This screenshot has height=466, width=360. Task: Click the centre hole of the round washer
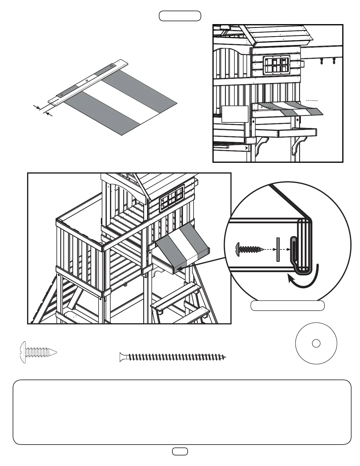click(316, 343)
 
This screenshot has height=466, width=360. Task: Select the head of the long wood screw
click(123, 357)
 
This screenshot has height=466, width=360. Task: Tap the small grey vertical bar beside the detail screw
click(277, 249)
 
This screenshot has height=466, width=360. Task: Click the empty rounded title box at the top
click(180, 16)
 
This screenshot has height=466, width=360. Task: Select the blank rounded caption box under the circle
click(287, 306)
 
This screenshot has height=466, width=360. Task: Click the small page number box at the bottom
click(180, 459)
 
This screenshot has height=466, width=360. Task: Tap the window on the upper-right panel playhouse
click(275, 65)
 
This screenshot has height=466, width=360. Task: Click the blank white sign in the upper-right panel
click(235, 114)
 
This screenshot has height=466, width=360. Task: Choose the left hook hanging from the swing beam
click(321, 61)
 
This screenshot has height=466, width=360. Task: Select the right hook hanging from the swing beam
click(334, 61)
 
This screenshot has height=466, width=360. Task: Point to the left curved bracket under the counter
click(260, 146)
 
